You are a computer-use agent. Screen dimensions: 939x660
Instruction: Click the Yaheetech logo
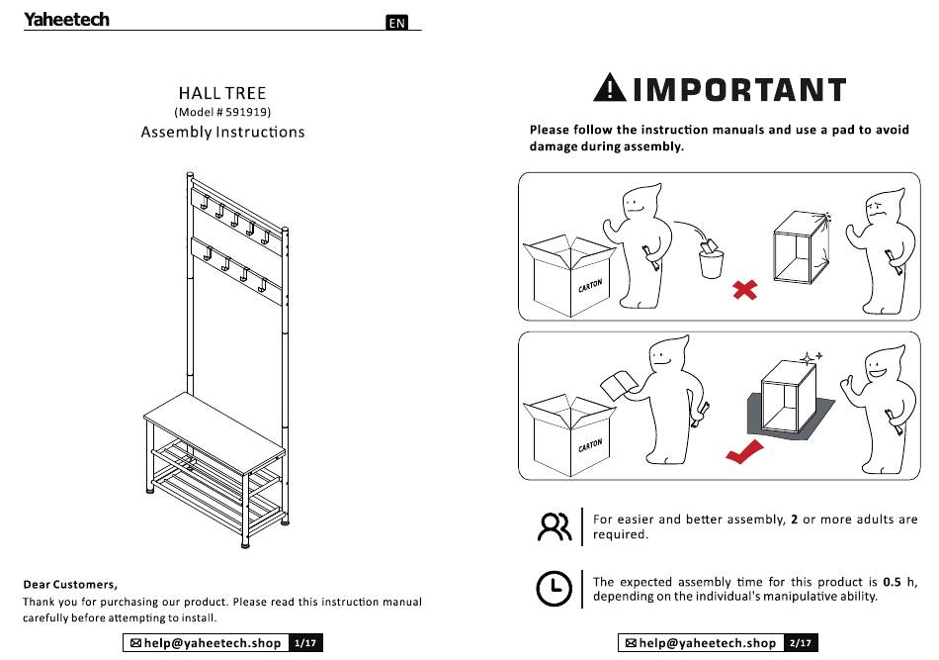(66, 19)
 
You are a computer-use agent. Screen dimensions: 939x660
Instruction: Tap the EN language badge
(396, 23)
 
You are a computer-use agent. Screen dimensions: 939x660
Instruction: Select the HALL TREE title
(222, 93)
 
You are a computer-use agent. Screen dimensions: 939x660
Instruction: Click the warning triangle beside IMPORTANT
(610, 87)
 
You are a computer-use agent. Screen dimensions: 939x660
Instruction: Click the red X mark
(745, 290)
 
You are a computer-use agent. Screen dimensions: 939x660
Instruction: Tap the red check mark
(744, 451)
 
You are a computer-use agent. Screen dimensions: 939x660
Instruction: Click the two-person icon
(555, 527)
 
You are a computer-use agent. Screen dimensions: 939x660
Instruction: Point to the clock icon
(554, 588)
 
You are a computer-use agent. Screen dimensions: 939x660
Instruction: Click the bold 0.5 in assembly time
(892, 582)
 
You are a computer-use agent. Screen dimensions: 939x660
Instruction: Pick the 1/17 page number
(305, 643)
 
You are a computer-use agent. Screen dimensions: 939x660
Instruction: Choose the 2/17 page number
(801, 643)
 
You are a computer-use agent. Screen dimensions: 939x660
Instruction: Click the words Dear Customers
(70, 585)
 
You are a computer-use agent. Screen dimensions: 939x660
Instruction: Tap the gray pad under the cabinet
(791, 417)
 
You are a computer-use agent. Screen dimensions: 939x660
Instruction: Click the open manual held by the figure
(617, 386)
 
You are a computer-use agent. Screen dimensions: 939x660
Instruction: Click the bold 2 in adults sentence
(794, 519)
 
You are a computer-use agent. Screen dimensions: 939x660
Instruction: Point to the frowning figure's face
(878, 213)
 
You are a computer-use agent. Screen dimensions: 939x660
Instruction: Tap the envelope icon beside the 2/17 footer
(631, 643)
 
